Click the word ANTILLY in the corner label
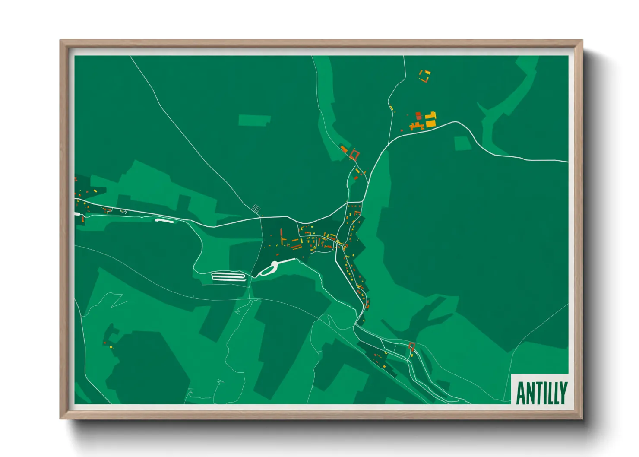tap(541, 393)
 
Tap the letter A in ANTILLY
tap(521, 393)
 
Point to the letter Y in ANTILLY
tap(563, 393)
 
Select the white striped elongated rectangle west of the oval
tap(228, 276)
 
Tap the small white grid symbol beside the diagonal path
tap(256, 209)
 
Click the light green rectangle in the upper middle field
tap(254, 120)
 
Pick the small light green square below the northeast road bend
tap(463, 143)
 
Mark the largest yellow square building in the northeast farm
tap(430, 124)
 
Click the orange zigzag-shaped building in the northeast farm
tap(416, 127)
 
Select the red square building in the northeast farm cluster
tap(418, 115)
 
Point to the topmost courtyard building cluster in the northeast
tap(425, 76)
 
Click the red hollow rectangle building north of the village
tap(355, 154)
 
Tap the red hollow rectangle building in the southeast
tap(411, 346)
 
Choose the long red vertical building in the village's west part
tap(282, 236)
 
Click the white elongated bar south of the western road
tap(164, 221)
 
